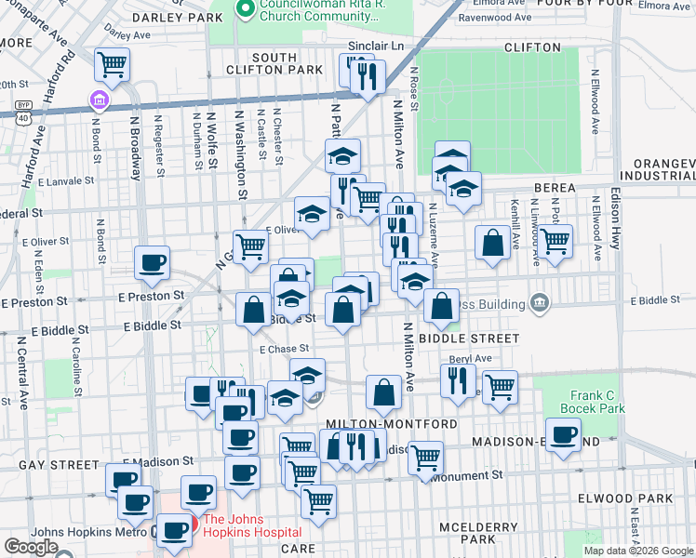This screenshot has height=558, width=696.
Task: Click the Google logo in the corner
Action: (x=31, y=547)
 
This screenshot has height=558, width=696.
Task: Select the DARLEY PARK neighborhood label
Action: (x=171, y=17)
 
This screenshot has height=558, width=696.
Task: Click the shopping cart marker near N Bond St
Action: (x=112, y=64)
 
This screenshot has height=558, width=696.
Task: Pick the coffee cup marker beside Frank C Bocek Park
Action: (x=562, y=435)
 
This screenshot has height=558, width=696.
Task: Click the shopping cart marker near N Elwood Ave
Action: (x=555, y=240)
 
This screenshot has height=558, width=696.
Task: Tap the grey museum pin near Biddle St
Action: (x=539, y=301)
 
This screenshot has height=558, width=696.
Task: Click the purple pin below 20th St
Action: (x=98, y=100)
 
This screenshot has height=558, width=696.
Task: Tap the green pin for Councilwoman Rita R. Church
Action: (x=247, y=10)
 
